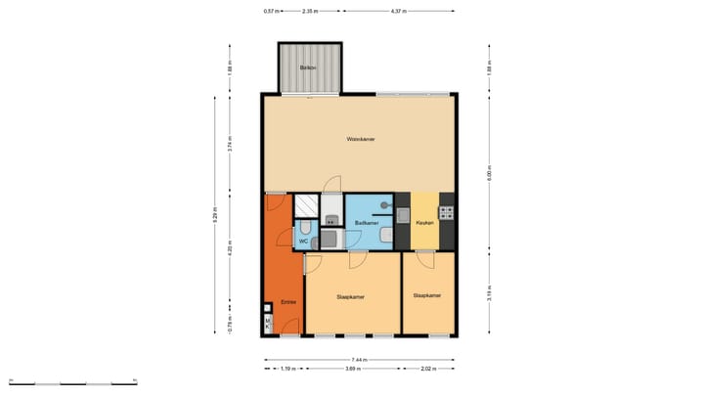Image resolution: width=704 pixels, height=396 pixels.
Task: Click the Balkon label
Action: [x=309, y=67]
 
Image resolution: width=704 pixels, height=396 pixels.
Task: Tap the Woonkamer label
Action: [x=361, y=140]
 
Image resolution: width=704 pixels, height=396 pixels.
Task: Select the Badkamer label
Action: [x=367, y=223]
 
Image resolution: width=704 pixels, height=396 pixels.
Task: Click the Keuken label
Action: [x=424, y=223]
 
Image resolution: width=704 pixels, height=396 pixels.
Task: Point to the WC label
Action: [x=303, y=240]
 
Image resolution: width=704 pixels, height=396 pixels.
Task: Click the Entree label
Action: [x=288, y=302]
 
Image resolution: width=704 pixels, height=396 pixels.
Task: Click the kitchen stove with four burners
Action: [x=446, y=211]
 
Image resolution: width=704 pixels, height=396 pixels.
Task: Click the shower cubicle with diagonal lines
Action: [x=306, y=205]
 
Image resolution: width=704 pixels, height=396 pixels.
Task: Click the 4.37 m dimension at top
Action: [x=398, y=12]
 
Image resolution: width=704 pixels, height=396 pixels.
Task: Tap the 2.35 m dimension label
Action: [x=309, y=12]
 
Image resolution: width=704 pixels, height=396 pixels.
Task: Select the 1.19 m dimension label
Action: [x=286, y=370]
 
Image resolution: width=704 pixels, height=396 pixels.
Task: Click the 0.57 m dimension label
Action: [x=271, y=12]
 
